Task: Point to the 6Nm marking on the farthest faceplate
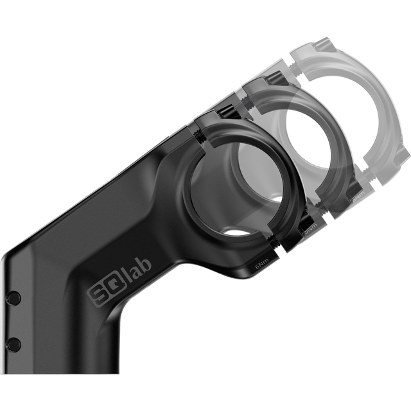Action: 357,191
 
